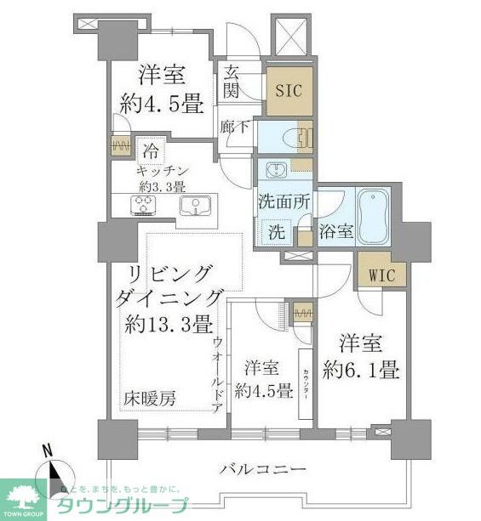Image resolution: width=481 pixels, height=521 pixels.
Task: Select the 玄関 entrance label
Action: coord(232,82)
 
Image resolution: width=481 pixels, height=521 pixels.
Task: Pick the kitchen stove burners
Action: coord(141,206)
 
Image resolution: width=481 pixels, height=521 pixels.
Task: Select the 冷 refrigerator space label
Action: coord(150,154)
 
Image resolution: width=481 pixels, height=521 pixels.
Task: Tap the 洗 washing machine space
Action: coord(277,232)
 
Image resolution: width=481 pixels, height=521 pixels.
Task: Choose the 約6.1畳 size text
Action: coord(360,371)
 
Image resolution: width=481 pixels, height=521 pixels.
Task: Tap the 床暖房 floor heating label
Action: coord(148,399)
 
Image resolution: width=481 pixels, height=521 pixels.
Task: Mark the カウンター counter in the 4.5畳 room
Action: coord(304,382)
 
